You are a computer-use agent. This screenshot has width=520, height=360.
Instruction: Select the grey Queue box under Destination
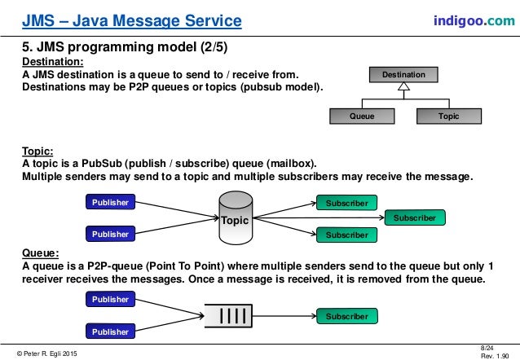coord(362,116)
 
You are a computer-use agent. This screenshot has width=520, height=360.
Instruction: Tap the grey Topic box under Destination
coord(448,116)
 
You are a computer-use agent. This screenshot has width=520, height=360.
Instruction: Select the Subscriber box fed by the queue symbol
coord(347,316)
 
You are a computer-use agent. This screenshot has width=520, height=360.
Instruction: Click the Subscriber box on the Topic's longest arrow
coord(415,218)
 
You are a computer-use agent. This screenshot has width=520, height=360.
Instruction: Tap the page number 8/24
coord(488,346)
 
